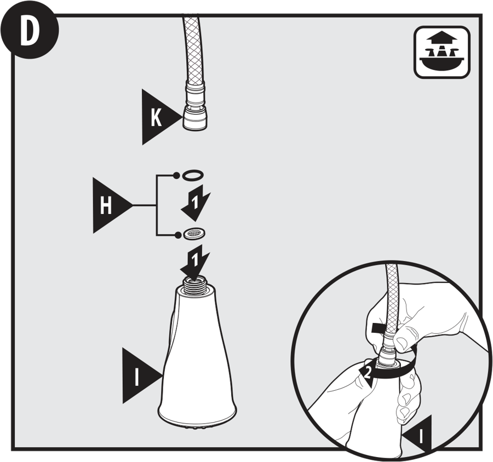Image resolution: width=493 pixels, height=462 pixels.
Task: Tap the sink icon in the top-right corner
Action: (442, 52)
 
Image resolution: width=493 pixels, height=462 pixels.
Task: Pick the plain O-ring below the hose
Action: (193, 175)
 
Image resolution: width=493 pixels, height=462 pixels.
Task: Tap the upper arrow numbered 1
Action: (196, 203)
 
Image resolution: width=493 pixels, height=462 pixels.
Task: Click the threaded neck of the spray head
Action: (196, 286)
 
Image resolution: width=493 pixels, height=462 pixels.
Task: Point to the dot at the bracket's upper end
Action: (177, 175)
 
